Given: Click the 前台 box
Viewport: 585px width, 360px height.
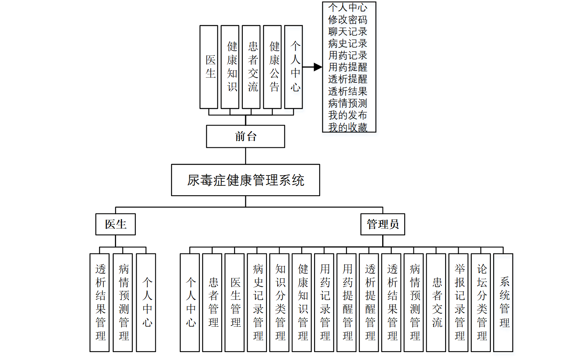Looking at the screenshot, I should coord(246,137).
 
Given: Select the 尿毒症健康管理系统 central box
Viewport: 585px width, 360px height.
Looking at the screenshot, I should coord(246,180).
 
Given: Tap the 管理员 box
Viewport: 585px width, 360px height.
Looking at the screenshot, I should coord(383,224).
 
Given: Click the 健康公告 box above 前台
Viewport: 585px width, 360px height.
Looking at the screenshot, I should coord(272,67).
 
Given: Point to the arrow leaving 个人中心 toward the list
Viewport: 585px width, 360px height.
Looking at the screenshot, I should coord(313,67).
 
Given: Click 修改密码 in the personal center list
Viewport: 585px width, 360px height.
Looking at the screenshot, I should coord(348,19).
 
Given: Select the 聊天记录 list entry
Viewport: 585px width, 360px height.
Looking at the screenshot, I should coord(348,31).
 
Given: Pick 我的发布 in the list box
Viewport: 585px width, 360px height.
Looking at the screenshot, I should coord(348,115).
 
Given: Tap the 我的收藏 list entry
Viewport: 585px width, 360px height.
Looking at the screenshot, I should coord(348,127).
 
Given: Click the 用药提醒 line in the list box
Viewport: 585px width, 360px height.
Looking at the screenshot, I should coord(348,67).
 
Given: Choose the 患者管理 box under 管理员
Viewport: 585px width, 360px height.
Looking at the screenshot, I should coord(212,303).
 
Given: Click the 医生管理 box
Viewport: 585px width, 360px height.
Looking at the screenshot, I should coord(234,303).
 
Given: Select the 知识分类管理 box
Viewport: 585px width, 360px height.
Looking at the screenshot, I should coord(279,303).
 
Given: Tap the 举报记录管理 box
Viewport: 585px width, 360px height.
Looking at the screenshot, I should coord(459,303).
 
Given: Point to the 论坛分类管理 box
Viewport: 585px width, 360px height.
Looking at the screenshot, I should coord(481,303).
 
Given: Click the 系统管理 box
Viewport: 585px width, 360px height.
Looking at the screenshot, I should coord(503,303).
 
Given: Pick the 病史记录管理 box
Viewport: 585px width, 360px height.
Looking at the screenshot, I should coord(257,303).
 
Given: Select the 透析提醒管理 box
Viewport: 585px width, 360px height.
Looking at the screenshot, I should coord(369,303).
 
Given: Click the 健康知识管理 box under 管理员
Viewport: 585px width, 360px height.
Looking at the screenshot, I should coord(302,303).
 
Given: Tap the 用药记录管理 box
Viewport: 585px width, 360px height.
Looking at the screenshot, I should coord(324,303).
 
